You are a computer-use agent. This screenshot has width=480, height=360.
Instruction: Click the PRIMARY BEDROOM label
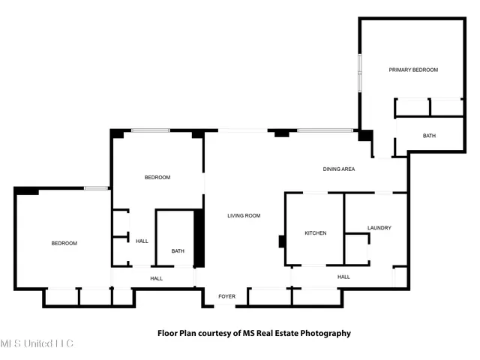tap(412, 70)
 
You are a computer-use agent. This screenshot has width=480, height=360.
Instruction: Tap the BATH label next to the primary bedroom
tap(429, 136)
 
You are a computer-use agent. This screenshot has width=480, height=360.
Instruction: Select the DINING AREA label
tap(338, 169)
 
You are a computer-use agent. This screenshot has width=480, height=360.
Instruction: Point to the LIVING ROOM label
tap(244, 216)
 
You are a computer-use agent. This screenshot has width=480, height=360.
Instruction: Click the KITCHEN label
tap(315, 233)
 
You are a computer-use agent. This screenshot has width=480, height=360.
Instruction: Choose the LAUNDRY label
tap(379, 228)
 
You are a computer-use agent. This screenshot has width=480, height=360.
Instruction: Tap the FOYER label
tap(226, 297)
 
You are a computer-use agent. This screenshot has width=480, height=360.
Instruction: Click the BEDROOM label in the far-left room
tap(64, 243)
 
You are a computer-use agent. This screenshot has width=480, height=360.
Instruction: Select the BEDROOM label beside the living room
tap(157, 178)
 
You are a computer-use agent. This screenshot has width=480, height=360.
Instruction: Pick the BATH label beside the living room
tap(178, 251)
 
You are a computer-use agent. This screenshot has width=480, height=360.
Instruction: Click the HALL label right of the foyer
tap(343, 277)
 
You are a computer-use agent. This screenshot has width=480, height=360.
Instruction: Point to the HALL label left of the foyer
tap(156, 278)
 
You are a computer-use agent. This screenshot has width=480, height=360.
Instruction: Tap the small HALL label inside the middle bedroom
tap(142, 241)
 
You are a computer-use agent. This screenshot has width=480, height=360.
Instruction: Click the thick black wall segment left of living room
tap(199, 239)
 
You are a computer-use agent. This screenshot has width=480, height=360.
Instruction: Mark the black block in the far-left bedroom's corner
tap(27, 191)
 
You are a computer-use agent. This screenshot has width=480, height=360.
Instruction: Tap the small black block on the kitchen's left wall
tap(281, 241)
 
